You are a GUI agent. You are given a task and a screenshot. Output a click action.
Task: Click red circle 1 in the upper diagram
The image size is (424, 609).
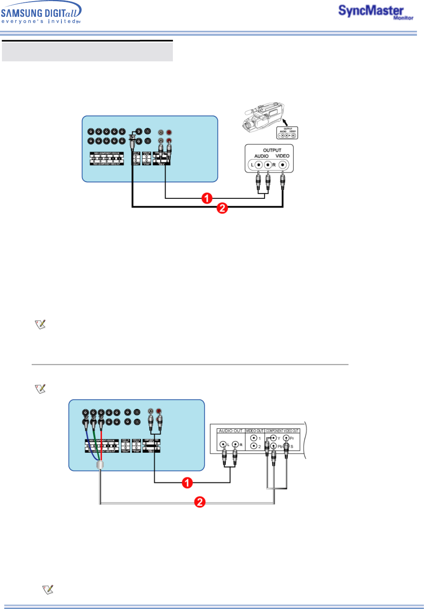click(207, 198)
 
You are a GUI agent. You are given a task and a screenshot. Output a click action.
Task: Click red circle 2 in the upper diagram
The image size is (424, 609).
click(222, 208)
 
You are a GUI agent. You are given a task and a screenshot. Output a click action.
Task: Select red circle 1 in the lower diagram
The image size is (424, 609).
click(187, 483)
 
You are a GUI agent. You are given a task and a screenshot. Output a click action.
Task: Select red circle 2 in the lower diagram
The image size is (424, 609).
click(200, 502)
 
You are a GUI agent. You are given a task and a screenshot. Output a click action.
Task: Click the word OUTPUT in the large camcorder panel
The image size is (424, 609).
click(272, 150)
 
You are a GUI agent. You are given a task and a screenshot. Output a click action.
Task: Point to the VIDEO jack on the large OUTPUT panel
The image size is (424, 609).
click(282, 165)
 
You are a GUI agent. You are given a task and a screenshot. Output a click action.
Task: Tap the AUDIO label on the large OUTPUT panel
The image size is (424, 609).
click(261, 156)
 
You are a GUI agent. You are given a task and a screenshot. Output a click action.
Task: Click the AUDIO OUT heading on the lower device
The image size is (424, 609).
click(231, 431)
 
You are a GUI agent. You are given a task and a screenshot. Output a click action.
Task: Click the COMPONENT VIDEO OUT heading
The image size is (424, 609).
click(282, 431)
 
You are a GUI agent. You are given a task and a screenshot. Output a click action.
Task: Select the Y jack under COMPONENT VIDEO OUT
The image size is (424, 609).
click(273, 438)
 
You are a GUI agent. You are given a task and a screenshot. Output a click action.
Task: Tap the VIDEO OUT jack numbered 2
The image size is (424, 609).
click(253, 446)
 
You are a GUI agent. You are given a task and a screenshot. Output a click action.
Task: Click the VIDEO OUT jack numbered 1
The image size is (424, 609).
click(253, 438)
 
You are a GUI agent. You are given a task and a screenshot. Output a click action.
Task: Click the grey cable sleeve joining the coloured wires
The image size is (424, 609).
click(100, 465)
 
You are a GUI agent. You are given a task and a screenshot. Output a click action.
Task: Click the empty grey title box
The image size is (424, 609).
click(87, 51)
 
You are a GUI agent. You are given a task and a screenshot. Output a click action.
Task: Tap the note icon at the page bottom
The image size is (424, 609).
click(48, 589)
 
